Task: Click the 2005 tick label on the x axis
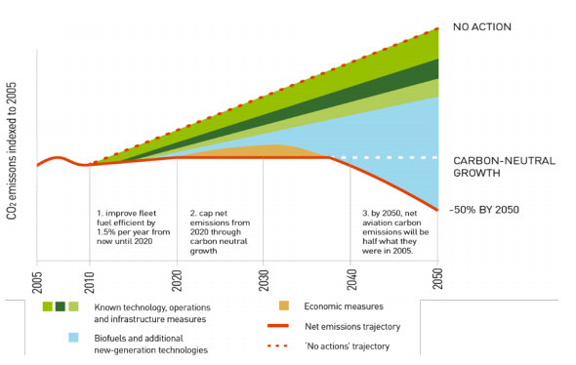pyautogui.click(x=37, y=279)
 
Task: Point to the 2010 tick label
pyautogui.click(x=89, y=279)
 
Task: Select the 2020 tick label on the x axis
pyautogui.click(x=177, y=279)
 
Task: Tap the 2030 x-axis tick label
pyautogui.click(x=264, y=279)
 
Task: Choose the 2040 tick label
pyautogui.click(x=350, y=279)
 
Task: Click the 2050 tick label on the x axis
pyautogui.click(x=437, y=279)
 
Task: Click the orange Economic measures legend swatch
pyautogui.click(x=284, y=306)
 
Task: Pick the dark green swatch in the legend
pyautogui.click(x=60, y=306)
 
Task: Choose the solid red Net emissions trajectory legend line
pyautogui.click(x=283, y=328)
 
